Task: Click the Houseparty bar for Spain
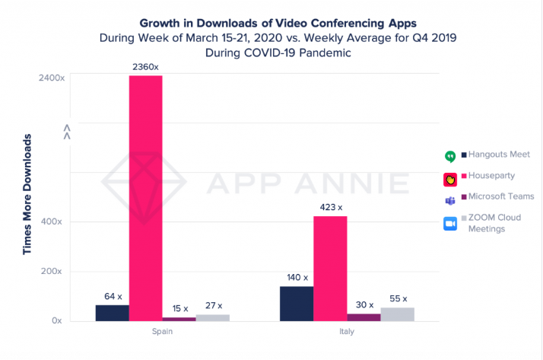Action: point(145,198)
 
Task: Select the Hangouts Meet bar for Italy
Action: point(297,304)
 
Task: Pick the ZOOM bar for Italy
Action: point(397,314)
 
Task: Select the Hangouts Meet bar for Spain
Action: point(112,313)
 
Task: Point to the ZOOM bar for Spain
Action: point(212,317)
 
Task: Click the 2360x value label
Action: point(145,67)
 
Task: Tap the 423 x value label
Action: point(330,207)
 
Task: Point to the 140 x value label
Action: point(297,278)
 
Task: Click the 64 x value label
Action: point(112,296)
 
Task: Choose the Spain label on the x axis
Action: point(162,333)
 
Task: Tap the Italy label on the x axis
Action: point(346,333)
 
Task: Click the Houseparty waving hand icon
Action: point(449,180)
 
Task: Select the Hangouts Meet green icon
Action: point(449,157)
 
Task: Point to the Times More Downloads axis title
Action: point(27,194)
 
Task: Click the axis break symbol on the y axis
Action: point(67,132)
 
